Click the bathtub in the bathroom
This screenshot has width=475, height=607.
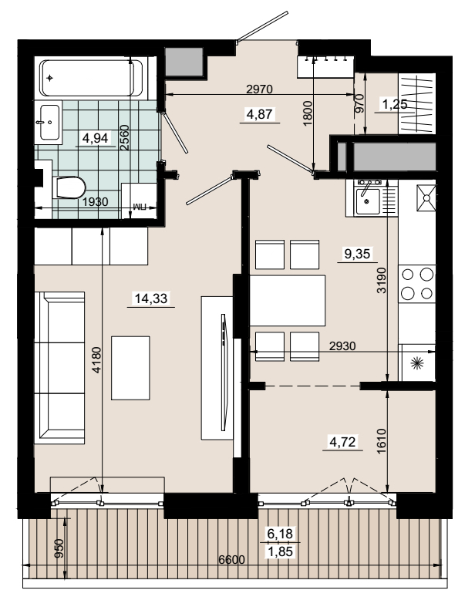(91, 78)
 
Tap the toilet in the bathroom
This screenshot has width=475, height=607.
(69, 187)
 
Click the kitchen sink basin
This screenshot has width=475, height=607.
(368, 201)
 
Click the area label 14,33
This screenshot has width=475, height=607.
(151, 298)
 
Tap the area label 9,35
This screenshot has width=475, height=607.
(357, 254)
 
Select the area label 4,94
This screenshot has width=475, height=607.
(96, 138)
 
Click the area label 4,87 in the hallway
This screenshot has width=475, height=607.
(259, 115)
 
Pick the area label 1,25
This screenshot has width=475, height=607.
(395, 104)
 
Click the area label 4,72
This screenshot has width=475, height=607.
(342, 442)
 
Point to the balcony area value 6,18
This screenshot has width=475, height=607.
(280, 534)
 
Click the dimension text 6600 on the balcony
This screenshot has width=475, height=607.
(231, 560)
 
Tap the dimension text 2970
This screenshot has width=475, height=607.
(259, 89)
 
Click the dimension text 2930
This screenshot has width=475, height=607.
(342, 346)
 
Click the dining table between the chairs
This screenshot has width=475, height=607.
(288, 300)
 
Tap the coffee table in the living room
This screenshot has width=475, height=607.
(130, 368)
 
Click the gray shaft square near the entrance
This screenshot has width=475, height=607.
(184, 62)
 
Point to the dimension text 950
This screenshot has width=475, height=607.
(59, 548)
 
